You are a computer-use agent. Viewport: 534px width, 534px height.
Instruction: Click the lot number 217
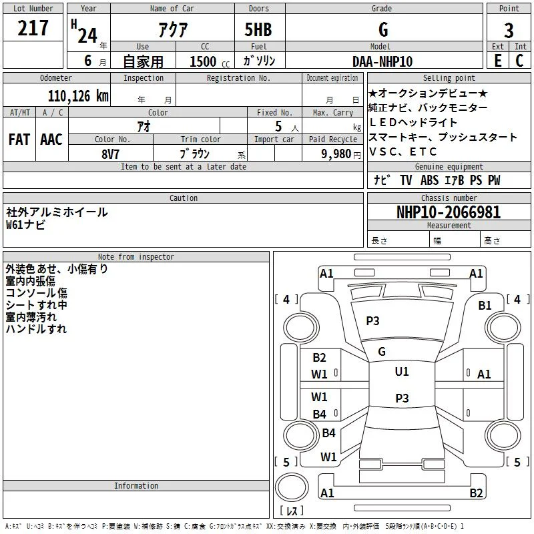tap(33, 28)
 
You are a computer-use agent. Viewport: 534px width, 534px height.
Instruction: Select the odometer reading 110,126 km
tap(78, 96)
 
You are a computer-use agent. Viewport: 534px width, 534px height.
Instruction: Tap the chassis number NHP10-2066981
tap(449, 212)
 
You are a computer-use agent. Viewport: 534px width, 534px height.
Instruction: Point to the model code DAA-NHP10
tap(382, 61)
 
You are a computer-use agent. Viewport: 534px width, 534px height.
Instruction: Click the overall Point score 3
tap(509, 31)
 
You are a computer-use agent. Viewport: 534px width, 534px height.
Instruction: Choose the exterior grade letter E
tap(498, 61)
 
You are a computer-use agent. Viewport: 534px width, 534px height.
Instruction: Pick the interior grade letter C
tap(519, 61)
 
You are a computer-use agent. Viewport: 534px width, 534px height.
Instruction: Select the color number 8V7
tap(111, 154)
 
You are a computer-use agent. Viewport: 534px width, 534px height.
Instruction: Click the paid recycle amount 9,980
tap(336, 154)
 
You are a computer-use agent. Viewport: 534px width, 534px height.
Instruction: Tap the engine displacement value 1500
tap(203, 61)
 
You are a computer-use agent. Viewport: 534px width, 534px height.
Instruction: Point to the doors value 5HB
tap(258, 29)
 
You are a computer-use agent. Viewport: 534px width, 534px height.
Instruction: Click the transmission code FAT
tap(19, 140)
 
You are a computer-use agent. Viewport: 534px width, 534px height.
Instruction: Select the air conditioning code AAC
tap(51, 140)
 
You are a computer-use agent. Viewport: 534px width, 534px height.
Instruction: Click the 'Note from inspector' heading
tap(136, 257)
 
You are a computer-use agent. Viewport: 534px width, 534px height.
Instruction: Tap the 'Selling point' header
tap(449, 78)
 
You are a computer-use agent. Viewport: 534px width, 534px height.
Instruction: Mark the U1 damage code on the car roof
tap(402, 371)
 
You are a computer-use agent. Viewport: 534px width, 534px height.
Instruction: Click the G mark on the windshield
tap(382, 352)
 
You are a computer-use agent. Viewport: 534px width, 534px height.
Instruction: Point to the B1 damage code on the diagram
tap(485, 306)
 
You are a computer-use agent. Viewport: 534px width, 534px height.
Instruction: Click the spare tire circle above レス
tap(292, 487)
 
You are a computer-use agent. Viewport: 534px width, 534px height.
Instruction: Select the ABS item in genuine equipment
tap(429, 180)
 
